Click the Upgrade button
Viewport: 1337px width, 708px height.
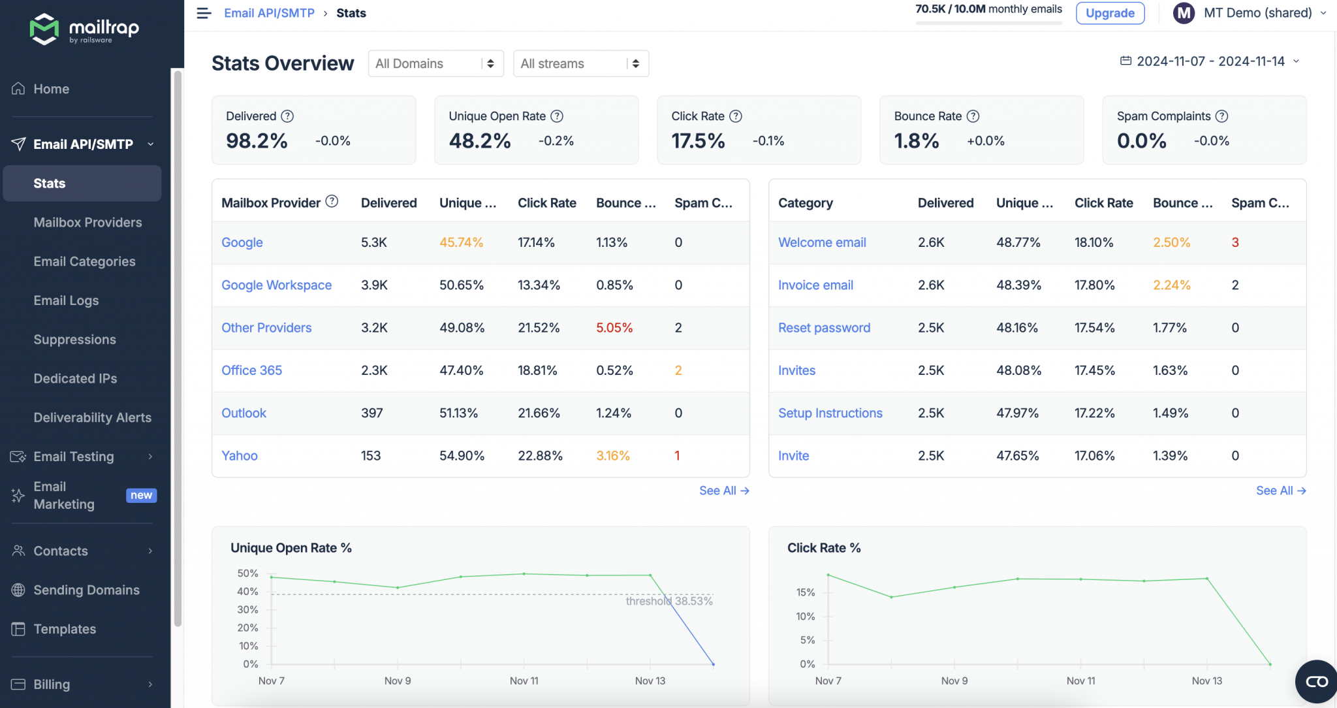pyautogui.click(x=1110, y=13)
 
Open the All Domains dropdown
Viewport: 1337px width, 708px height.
pyautogui.click(x=435, y=63)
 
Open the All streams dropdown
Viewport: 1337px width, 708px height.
pyautogui.click(x=580, y=63)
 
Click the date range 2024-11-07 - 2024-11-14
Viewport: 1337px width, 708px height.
pyautogui.click(x=1210, y=61)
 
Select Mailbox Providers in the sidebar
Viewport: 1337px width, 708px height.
pyautogui.click(x=87, y=222)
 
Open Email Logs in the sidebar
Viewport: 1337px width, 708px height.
pyautogui.click(x=66, y=300)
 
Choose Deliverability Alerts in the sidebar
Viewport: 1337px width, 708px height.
pyautogui.click(x=92, y=417)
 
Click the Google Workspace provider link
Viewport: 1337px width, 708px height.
pyautogui.click(x=276, y=285)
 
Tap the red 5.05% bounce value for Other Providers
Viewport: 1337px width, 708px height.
pyautogui.click(x=614, y=328)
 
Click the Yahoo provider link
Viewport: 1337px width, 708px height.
pyautogui.click(x=239, y=455)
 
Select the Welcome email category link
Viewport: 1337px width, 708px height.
pyautogui.click(x=822, y=242)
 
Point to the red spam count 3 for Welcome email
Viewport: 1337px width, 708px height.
pyautogui.click(x=1235, y=242)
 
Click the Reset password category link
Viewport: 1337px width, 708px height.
pyautogui.click(x=824, y=328)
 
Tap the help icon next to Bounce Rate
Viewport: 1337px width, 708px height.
pyautogui.click(x=973, y=116)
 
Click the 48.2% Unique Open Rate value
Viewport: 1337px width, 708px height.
pyautogui.click(x=479, y=140)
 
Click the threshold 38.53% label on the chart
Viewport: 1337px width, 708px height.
pyautogui.click(x=668, y=601)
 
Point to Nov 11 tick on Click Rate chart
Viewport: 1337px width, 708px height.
pyautogui.click(x=1080, y=681)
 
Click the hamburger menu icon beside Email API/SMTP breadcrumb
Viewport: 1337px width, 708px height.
pyautogui.click(x=204, y=13)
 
